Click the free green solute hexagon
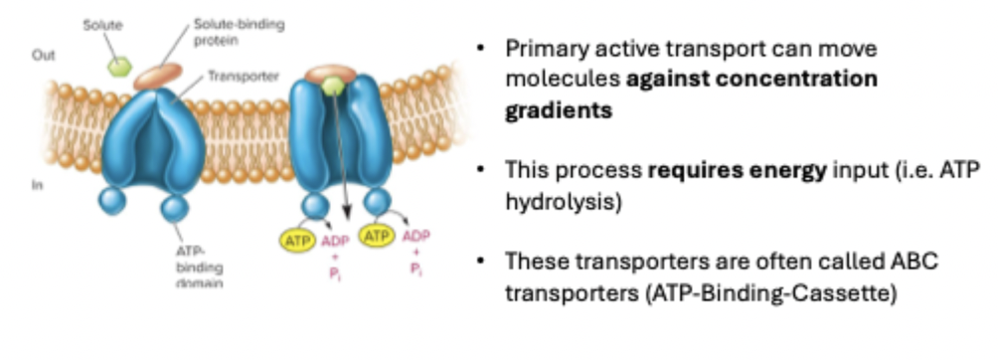[x=119, y=67]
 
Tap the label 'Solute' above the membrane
[x=102, y=26]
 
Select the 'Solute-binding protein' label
[x=240, y=33]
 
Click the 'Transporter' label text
[x=244, y=77]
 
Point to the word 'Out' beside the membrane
[x=44, y=56]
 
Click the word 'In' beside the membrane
[x=37, y=185]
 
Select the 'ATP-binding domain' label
[x=199, y=267]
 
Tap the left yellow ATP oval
[x=297, y=241]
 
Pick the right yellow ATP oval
[x=377, y=237]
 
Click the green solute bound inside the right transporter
[x=332, y=86]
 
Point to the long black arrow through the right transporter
[x=341, y=155]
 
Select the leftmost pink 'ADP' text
[x=335, y=242]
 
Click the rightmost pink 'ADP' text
[x=416, y=237]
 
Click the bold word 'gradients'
[x=559, y=110]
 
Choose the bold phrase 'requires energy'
[x=737, y=170]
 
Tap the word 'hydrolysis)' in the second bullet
[x=563, y=202]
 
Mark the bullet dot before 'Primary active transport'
[x=481, y=48]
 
